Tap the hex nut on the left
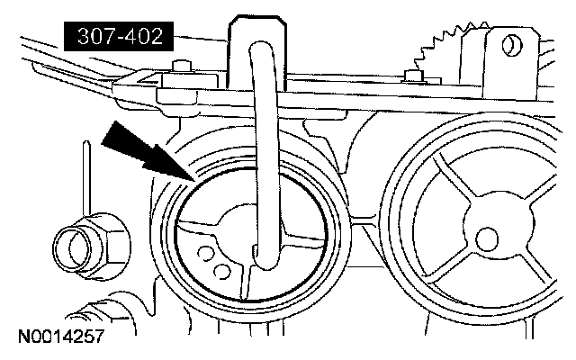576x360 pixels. pyautogui.click(x=80, y=244)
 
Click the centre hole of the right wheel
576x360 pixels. pyautogui.click(x=487, y=238)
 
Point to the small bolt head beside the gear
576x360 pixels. pyautogui.click(x=414, y=76)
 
